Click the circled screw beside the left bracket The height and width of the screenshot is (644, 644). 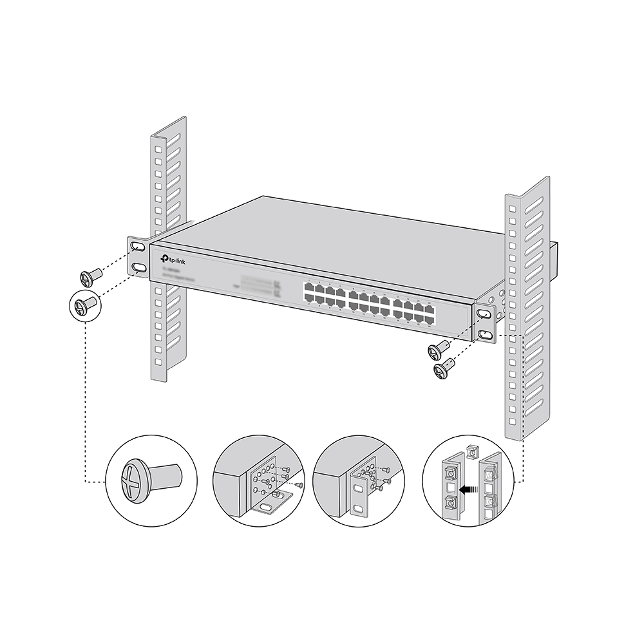coord(85,303)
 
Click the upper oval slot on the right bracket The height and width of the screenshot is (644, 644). coord(484,314)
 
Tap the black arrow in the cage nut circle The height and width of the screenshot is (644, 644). coord(473,490)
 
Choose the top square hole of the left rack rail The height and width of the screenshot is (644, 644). coord(158,148)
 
